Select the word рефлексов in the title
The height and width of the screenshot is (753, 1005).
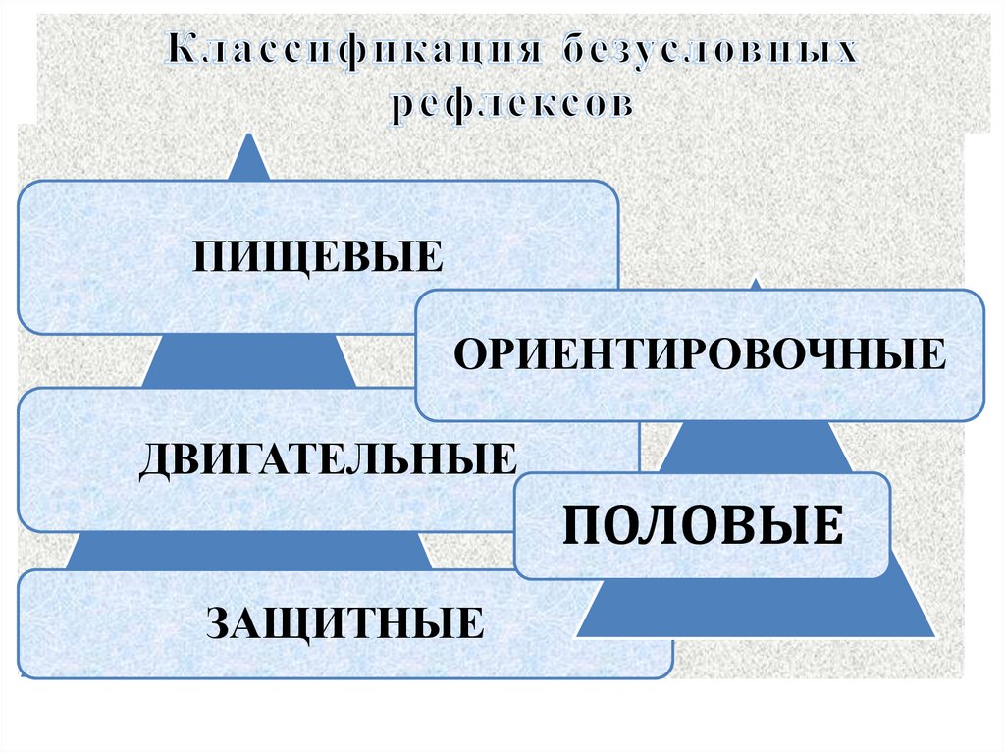(509, 103)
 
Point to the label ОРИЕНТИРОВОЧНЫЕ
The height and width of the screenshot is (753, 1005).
(699, 353)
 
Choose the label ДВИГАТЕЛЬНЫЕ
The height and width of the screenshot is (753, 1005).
(328, 459)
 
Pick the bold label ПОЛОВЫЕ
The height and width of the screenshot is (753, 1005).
(702, 524)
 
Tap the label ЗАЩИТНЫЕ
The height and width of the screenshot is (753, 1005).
(344, 622)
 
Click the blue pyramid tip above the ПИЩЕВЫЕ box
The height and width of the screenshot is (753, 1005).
(251, 161)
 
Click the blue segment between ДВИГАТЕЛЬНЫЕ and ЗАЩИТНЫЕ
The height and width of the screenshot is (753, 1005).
(249, 551)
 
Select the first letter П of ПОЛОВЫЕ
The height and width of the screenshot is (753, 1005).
(579, 525)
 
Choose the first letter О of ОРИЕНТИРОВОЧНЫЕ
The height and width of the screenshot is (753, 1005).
(468, 353)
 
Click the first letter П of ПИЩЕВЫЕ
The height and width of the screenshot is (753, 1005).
(208, 258)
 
